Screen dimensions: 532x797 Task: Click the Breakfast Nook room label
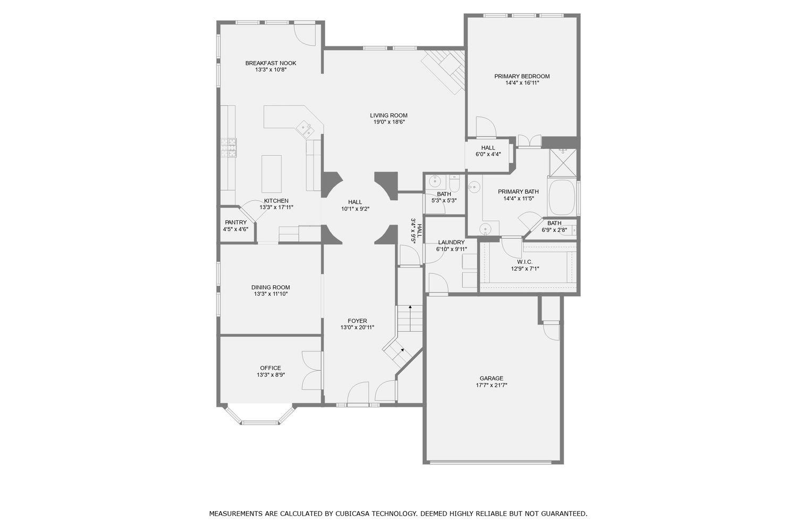270,63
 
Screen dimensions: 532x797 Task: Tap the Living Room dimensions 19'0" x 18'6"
388,122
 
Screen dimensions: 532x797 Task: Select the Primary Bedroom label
522,77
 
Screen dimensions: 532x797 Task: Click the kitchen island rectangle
272,174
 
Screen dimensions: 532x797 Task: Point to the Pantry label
235,222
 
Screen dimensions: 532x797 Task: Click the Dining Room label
270,287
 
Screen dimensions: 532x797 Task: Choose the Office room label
270,368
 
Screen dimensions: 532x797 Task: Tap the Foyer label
357,321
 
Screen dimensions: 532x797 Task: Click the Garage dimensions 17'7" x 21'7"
490,385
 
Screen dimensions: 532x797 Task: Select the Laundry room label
451,243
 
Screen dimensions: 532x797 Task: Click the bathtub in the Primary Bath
562,198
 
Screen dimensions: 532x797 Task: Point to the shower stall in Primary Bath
563,162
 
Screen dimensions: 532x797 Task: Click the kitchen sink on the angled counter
304,128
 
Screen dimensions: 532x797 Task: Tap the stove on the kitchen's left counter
229,147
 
